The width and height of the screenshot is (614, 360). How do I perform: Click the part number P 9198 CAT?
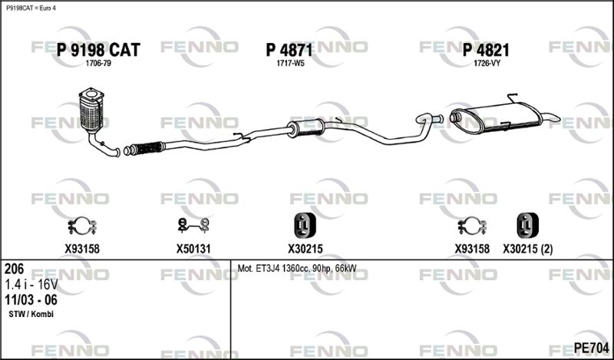pos(98,50)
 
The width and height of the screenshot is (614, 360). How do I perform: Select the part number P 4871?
pos(289,50)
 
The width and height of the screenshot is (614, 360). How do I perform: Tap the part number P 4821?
pos(486,50)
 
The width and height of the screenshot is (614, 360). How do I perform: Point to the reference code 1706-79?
pos(98,64)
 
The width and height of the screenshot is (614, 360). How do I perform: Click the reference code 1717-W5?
pos(290,64)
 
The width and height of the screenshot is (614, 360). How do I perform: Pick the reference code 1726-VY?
pos(487,64)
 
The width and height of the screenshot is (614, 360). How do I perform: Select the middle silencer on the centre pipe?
pos(305,128)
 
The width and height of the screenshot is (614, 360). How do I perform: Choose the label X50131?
pos(193,249)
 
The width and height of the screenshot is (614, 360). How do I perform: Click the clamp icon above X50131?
pos(193,225)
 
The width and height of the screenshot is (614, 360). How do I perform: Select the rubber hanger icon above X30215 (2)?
pos(527,225)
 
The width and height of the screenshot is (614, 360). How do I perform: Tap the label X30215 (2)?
pos(528,249)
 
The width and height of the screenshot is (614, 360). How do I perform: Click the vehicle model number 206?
pos(14,269)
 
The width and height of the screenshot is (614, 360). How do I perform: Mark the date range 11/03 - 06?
pos(31,300)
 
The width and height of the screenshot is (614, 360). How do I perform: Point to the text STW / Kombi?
pos(31,314)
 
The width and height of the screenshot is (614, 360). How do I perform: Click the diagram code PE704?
pos(591,348)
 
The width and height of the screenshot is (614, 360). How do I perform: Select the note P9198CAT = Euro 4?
pos(31,8)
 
